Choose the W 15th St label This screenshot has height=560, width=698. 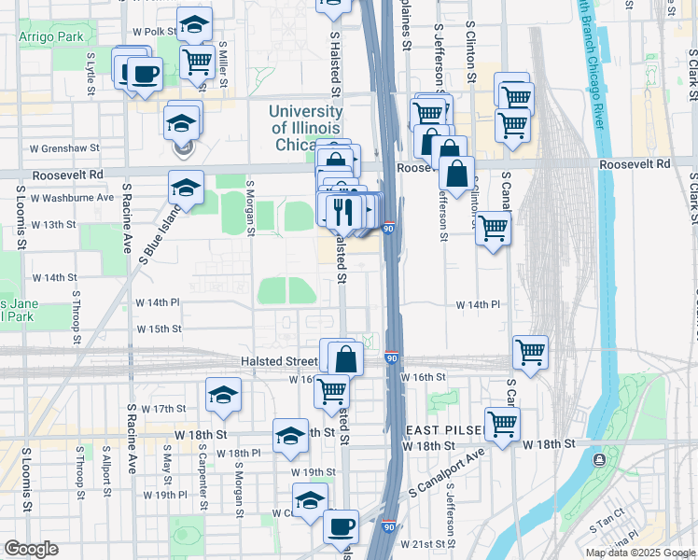pos(159,329)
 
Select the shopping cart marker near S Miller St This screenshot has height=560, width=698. pos(197,63)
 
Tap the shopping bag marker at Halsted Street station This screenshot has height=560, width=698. pos(344,357)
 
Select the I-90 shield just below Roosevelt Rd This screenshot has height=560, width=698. pos(388,227)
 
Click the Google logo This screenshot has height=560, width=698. pos(30,549)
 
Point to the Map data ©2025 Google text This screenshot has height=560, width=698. pos(640,553)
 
